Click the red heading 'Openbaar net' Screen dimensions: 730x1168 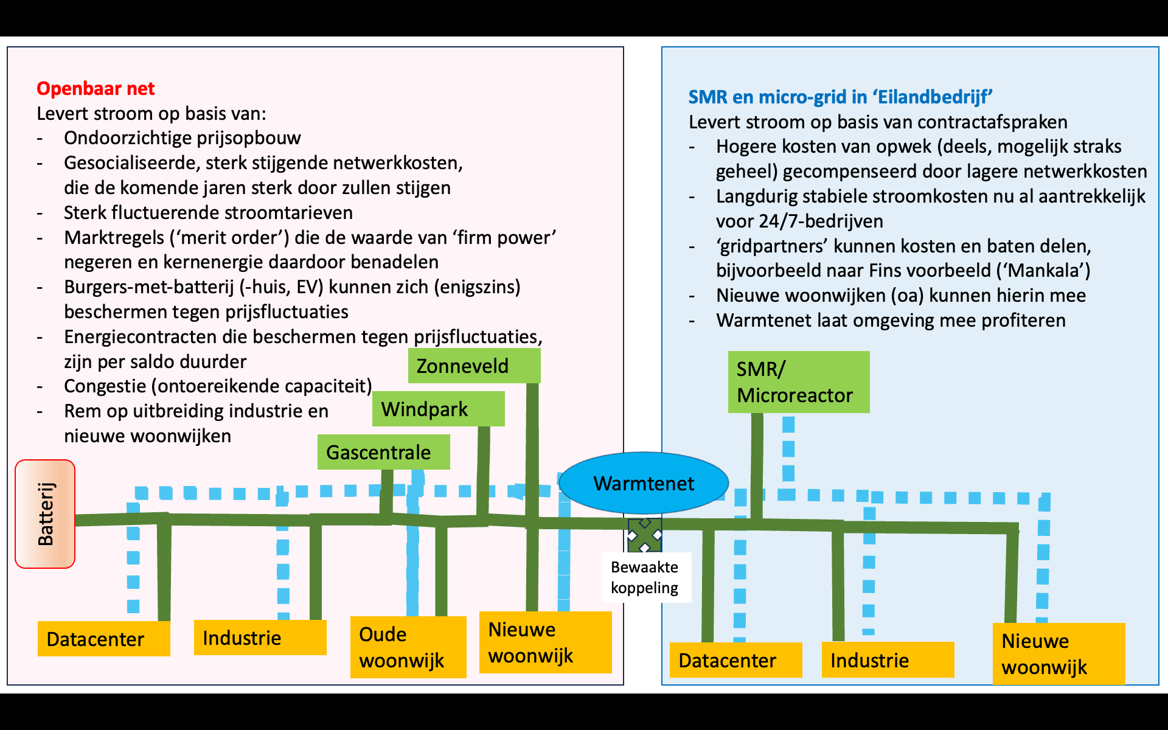(x=96, y=89)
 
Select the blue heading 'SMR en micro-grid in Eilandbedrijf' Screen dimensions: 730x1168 (x=839, y=97)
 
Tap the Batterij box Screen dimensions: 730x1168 (x=45, y=514)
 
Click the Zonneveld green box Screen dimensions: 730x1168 (x=474, y=366)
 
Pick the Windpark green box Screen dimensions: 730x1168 (x=438, y=409)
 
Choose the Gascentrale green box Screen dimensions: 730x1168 (x=383, y=452)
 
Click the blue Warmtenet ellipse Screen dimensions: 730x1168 (x=644, y=483)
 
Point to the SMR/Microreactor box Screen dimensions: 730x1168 (x=798, y=382)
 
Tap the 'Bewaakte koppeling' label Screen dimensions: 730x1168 (x=645, y=577)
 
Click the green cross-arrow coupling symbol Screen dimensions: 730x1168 (x=645, y=535)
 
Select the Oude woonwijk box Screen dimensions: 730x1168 (x=408, y=647)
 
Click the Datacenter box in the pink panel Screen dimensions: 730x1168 (x=103, y=639)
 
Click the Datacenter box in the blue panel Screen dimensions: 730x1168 (x=735, y=660)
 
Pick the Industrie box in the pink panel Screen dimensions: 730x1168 (x=260, y=638)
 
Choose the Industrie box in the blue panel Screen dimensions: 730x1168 (x=888, y=660)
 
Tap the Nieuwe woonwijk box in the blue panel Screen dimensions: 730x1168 (x=1058, y=654)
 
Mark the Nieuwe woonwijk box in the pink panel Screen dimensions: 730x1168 (x=545, y=642)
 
